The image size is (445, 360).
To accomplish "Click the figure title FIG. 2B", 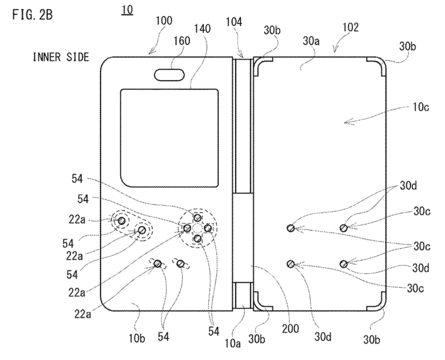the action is [32, 14].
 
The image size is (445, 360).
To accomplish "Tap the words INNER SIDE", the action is [61, 57].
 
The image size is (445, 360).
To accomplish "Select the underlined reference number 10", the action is [127, 10].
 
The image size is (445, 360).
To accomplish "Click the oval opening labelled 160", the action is [170, 75].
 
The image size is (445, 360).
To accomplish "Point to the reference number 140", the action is [202, 29].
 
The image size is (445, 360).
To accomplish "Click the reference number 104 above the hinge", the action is [234, 22].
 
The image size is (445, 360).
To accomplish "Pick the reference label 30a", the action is [311, 41].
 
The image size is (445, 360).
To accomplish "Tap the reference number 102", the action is [351, 27].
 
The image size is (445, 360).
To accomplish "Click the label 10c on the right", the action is [420, 107].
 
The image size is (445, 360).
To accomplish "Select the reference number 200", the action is [290, 329].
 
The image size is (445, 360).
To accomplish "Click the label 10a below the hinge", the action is [233, 344].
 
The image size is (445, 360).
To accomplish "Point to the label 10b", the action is [137, 338].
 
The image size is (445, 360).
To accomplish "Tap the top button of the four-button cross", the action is [197, 218].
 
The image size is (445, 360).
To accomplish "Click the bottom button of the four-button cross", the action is [198, 238].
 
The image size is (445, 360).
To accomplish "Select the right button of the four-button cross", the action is [207, 228].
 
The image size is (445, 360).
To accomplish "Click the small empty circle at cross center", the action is [197, 228].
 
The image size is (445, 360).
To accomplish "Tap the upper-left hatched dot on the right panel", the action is [290, 228].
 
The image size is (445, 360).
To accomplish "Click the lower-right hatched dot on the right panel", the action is [343, 264].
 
